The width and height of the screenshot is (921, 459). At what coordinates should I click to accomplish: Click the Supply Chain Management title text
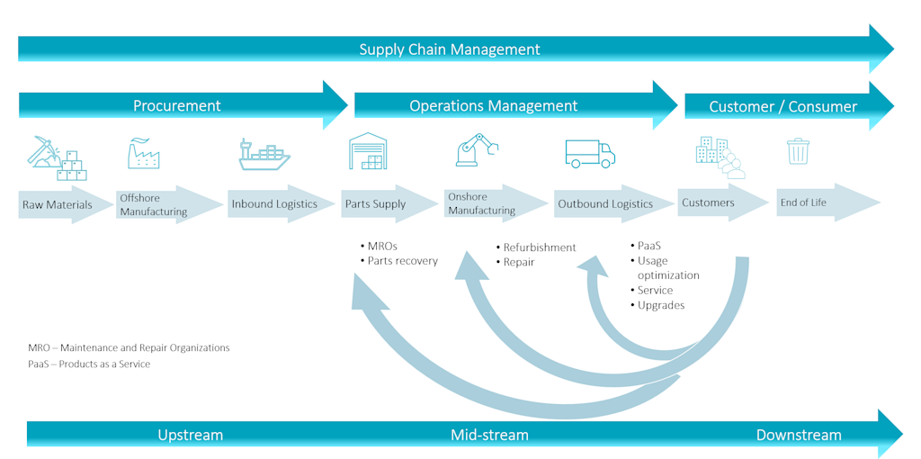tap(450, 49)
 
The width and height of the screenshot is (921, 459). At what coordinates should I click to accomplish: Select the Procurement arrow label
tap(177, 105)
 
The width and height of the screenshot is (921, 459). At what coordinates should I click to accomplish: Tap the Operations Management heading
tap(493, 105)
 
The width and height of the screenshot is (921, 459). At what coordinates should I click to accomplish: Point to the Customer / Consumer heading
tap(782, 106)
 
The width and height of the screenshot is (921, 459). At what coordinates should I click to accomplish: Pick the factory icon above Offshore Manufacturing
tap(143, 154)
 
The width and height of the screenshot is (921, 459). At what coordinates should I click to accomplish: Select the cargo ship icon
tap(264, 154)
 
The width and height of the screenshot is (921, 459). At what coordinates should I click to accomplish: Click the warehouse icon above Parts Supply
tap(367, 151)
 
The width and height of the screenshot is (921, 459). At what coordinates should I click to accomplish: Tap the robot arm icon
tap(476, 149)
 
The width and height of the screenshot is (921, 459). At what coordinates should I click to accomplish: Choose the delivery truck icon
tap(590, 153)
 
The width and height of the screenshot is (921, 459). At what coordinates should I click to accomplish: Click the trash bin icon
tap(798, 151)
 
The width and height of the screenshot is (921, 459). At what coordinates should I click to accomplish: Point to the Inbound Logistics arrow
tap(274, 204)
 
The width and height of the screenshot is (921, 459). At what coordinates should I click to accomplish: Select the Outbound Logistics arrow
tap(605, 204)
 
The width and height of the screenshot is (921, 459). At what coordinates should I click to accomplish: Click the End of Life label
tap(803, 202)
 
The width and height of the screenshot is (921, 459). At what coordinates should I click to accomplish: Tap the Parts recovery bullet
tap(402, 261)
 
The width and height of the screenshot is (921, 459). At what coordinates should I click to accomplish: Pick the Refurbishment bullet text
tap(539, 247)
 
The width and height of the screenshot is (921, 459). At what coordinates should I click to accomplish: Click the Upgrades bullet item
tap(660, 305)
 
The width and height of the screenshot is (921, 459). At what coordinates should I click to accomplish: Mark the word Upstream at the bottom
tap(190, 435)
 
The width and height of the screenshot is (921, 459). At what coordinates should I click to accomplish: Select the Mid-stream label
tap(489, 435)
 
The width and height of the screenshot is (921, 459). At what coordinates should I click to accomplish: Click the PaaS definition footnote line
tap(89, 364)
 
